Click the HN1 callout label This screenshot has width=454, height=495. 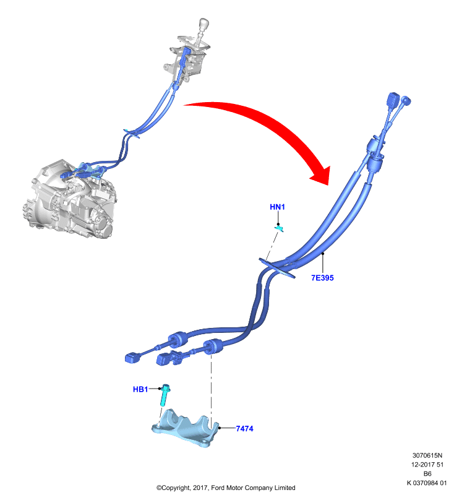(x=277, y=207)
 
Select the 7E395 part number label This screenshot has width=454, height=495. (x=322, y=278)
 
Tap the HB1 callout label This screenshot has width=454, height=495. (x=140, y=389)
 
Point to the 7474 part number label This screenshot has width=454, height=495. (x=244, y=428)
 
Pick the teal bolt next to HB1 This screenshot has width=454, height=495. (x=165, y=395)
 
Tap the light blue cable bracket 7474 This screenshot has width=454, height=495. (x=186, y=428)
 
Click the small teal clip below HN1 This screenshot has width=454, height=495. (x=279, y=228)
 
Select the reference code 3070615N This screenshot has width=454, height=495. (x=427, y=455)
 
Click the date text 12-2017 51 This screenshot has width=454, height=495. (x=427, y=465)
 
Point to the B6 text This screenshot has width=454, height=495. (x=427, y=474)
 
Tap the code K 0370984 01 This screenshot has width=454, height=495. (x=427, y=483)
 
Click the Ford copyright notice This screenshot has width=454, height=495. (x=226, y=488)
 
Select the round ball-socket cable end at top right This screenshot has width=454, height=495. (x=405, y=101)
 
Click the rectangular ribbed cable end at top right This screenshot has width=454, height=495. (x=393, y=100)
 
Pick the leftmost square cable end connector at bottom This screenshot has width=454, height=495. (x=133, y=358)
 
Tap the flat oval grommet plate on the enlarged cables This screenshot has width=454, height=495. (x=277, y=269)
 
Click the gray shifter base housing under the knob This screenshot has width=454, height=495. (x=186, y=58)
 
